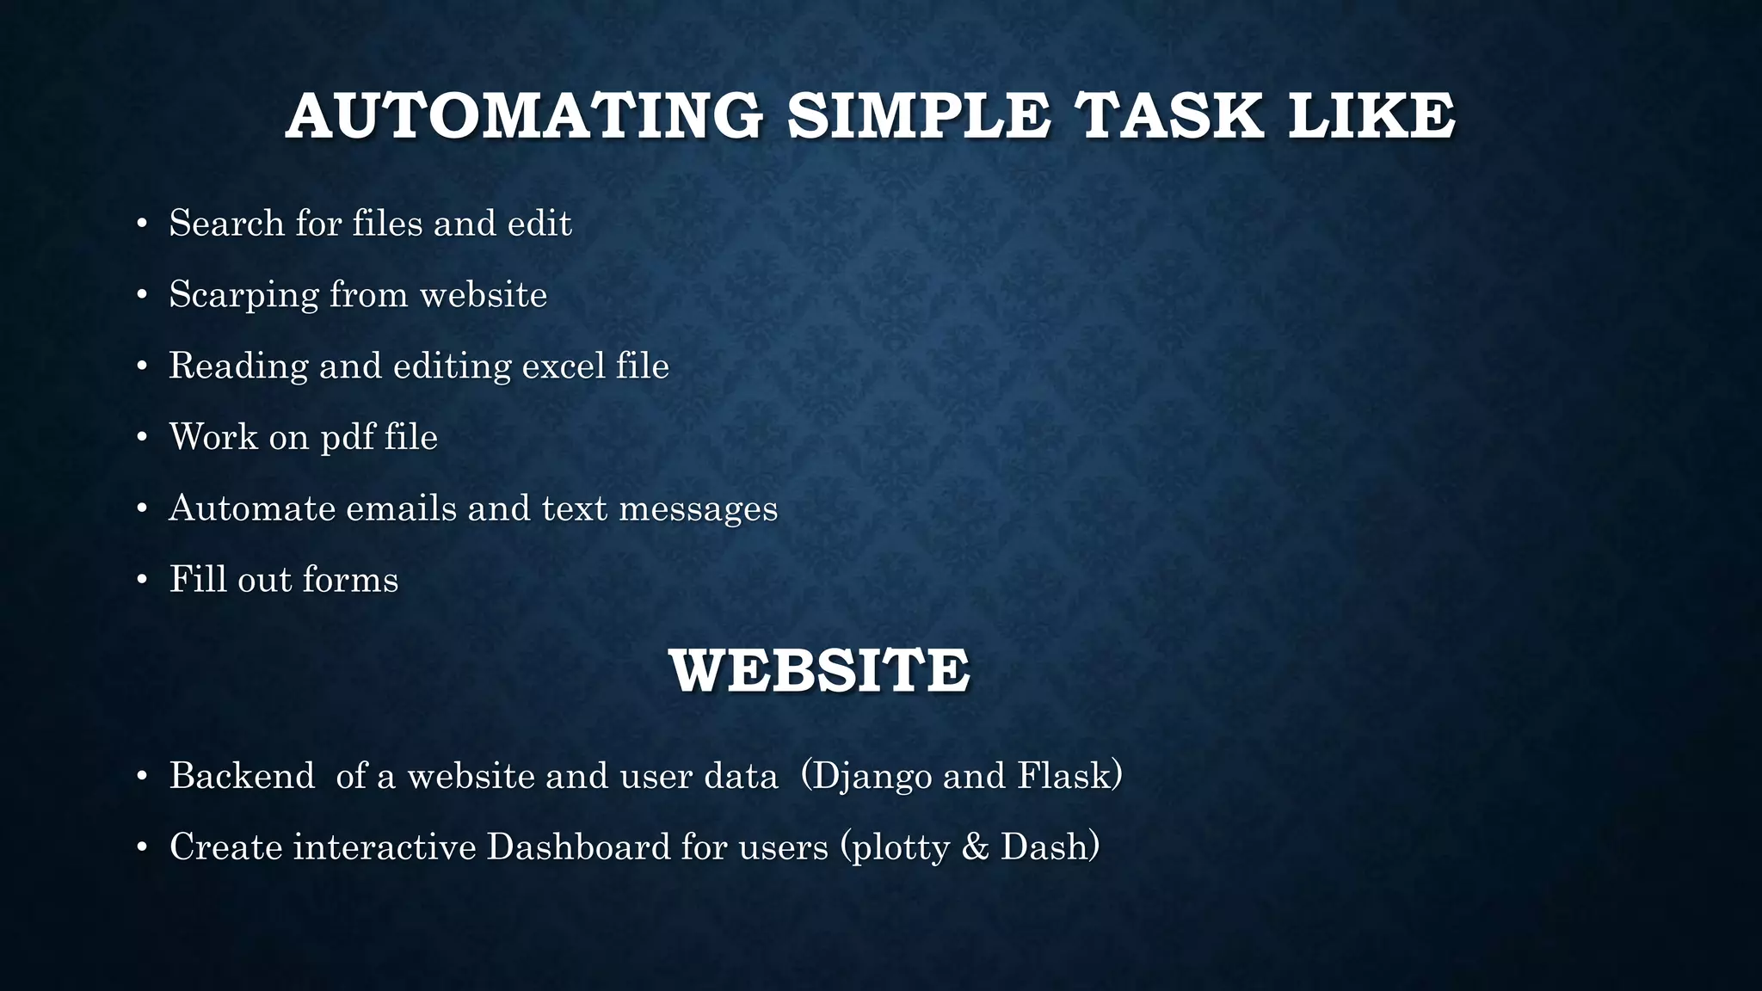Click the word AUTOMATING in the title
point(524,116)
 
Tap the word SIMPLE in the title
point(918,116)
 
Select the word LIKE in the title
point(1371,116)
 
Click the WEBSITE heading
point(819,671)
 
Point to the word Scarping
point(243,295)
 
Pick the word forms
point(350,580)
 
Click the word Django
point(871,777)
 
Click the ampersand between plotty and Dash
point(975,847)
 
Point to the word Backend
point(243,776)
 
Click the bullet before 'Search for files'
point(143,225)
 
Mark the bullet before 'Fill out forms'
point(143,581)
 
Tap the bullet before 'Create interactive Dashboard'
point(143,848)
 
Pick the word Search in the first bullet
point(226,224)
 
